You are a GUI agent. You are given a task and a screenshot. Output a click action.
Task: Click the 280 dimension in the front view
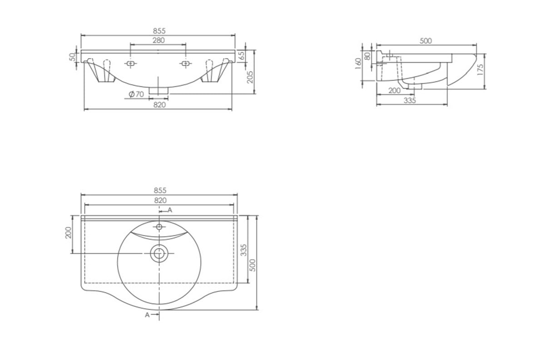click(x=159, y=40)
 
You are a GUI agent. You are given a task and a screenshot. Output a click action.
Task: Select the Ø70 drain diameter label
click(x=136, y=94)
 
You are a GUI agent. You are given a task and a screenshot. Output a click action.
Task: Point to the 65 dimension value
click(x=242, y=55)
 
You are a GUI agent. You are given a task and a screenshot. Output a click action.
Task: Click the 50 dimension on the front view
click(x=72, y=57)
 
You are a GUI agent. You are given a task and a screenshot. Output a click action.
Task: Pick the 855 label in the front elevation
click(x=159, y=30)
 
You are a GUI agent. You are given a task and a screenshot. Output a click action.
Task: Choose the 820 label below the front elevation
click(x=159, y=105)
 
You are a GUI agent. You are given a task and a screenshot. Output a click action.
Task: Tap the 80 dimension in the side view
click(x=367, y=57)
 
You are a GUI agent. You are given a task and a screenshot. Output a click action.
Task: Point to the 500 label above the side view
click(x=426, y=41)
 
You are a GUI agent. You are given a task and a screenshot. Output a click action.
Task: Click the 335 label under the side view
click(x=410, y=100)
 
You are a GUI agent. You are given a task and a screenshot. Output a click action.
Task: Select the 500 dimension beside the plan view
click(x=253, y=264)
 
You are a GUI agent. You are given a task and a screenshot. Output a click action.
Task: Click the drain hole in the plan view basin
click(x=159, y=253)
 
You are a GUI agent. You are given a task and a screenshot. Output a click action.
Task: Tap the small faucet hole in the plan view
click(x=159, y=226)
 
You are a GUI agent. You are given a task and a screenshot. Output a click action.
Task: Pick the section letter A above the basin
click(x=170, y=210)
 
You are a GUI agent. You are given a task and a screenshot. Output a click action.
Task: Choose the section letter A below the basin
click(x=147, y=314)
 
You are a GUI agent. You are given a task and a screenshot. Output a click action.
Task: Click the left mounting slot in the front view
click(x=130, y=64)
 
